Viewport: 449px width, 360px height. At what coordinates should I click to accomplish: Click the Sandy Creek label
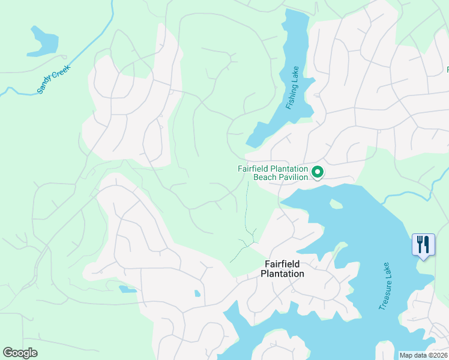click(x=53, y=79)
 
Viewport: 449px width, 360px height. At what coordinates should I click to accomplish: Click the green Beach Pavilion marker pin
click(x=318, y=173)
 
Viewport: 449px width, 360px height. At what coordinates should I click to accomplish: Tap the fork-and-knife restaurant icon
click(x=423, y=245)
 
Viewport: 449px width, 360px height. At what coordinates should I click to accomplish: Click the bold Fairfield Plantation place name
click(x=282, y=269)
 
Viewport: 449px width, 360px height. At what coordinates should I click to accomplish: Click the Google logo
click(x=20, y=353)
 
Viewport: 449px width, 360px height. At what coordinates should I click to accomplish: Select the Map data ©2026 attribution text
click(x=423, y=355)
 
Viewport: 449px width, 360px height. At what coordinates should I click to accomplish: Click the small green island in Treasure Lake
click(x=336, y=205)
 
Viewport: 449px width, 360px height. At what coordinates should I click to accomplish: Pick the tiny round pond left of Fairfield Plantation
click(x=197, y=293)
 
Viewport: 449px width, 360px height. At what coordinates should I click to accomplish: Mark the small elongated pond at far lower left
click(x=127, y=289)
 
